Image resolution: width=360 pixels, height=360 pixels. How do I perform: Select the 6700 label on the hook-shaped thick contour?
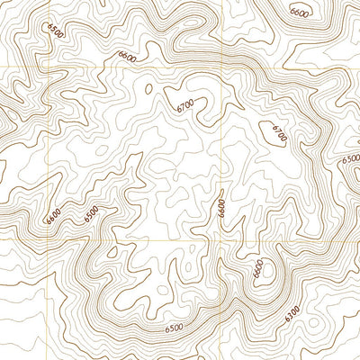pos(186,106)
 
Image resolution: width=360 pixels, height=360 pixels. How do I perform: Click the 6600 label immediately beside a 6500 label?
pos(53,216)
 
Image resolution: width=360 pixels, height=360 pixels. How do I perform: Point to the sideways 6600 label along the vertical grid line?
pos(220,208)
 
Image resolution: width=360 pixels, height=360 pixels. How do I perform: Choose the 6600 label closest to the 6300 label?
pos(258,269)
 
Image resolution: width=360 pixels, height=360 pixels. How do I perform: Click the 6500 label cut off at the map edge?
pos(351,159)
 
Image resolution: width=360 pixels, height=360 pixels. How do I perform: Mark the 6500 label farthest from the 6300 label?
pos(58,32)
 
